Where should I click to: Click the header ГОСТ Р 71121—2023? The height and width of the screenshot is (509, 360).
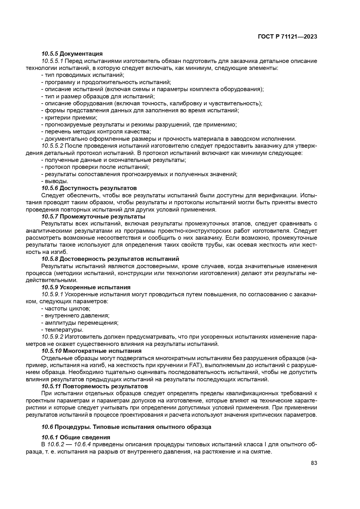287,37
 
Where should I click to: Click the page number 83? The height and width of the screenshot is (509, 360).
314,463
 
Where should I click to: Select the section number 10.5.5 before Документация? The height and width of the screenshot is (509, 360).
50,54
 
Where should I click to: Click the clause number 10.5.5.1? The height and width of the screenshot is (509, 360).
52,61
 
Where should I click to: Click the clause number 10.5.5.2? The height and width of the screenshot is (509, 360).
52,146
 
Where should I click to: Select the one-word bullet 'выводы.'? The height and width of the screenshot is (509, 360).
52,181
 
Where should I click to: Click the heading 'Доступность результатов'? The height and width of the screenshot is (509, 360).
98,188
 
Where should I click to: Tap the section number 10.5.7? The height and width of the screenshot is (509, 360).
50,216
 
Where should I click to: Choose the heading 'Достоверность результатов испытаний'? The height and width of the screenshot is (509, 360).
119,259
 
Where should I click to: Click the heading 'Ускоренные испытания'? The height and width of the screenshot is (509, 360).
95,287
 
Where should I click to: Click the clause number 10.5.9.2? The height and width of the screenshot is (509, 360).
52,337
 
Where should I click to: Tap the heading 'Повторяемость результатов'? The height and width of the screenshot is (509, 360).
105,386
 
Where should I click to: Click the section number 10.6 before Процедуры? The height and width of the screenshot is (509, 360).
47,427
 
